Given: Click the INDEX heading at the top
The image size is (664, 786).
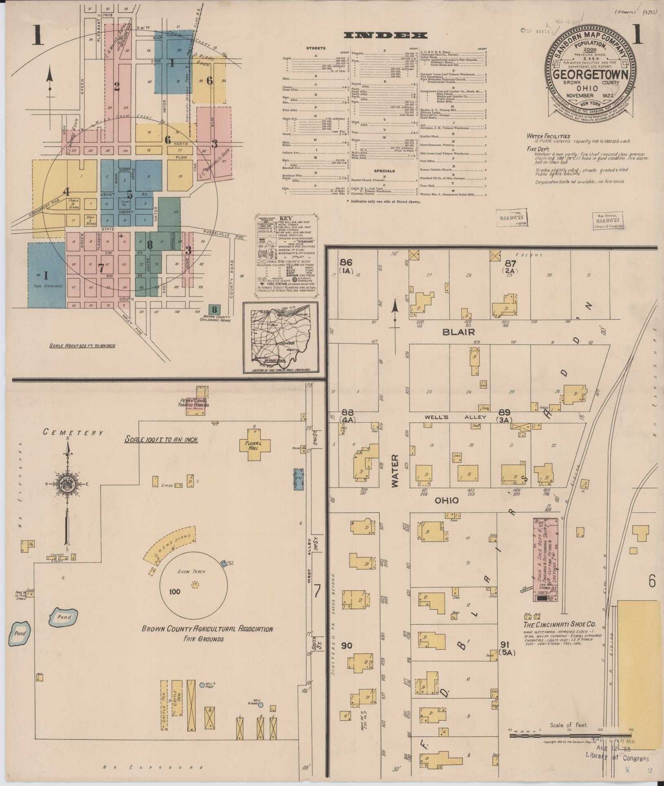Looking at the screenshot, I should [x=385, y=35].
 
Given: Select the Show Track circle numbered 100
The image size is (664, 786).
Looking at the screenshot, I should [x=194, y=585].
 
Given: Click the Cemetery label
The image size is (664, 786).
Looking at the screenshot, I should [x=73, y=433].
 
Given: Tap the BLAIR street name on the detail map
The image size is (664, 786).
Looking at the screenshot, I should [x=459, y=332].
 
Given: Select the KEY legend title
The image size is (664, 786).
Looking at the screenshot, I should [x=286, y=218].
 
